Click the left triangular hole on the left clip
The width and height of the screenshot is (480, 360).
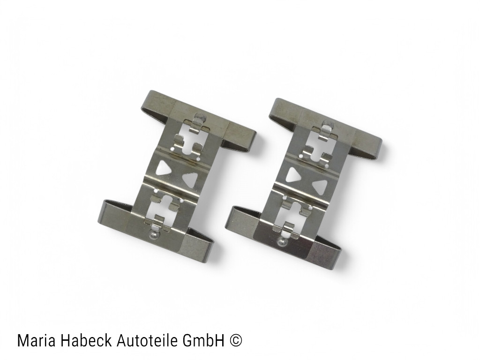164,168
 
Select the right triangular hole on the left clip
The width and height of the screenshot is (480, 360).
190,179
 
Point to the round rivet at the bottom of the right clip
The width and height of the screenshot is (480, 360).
282,242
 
